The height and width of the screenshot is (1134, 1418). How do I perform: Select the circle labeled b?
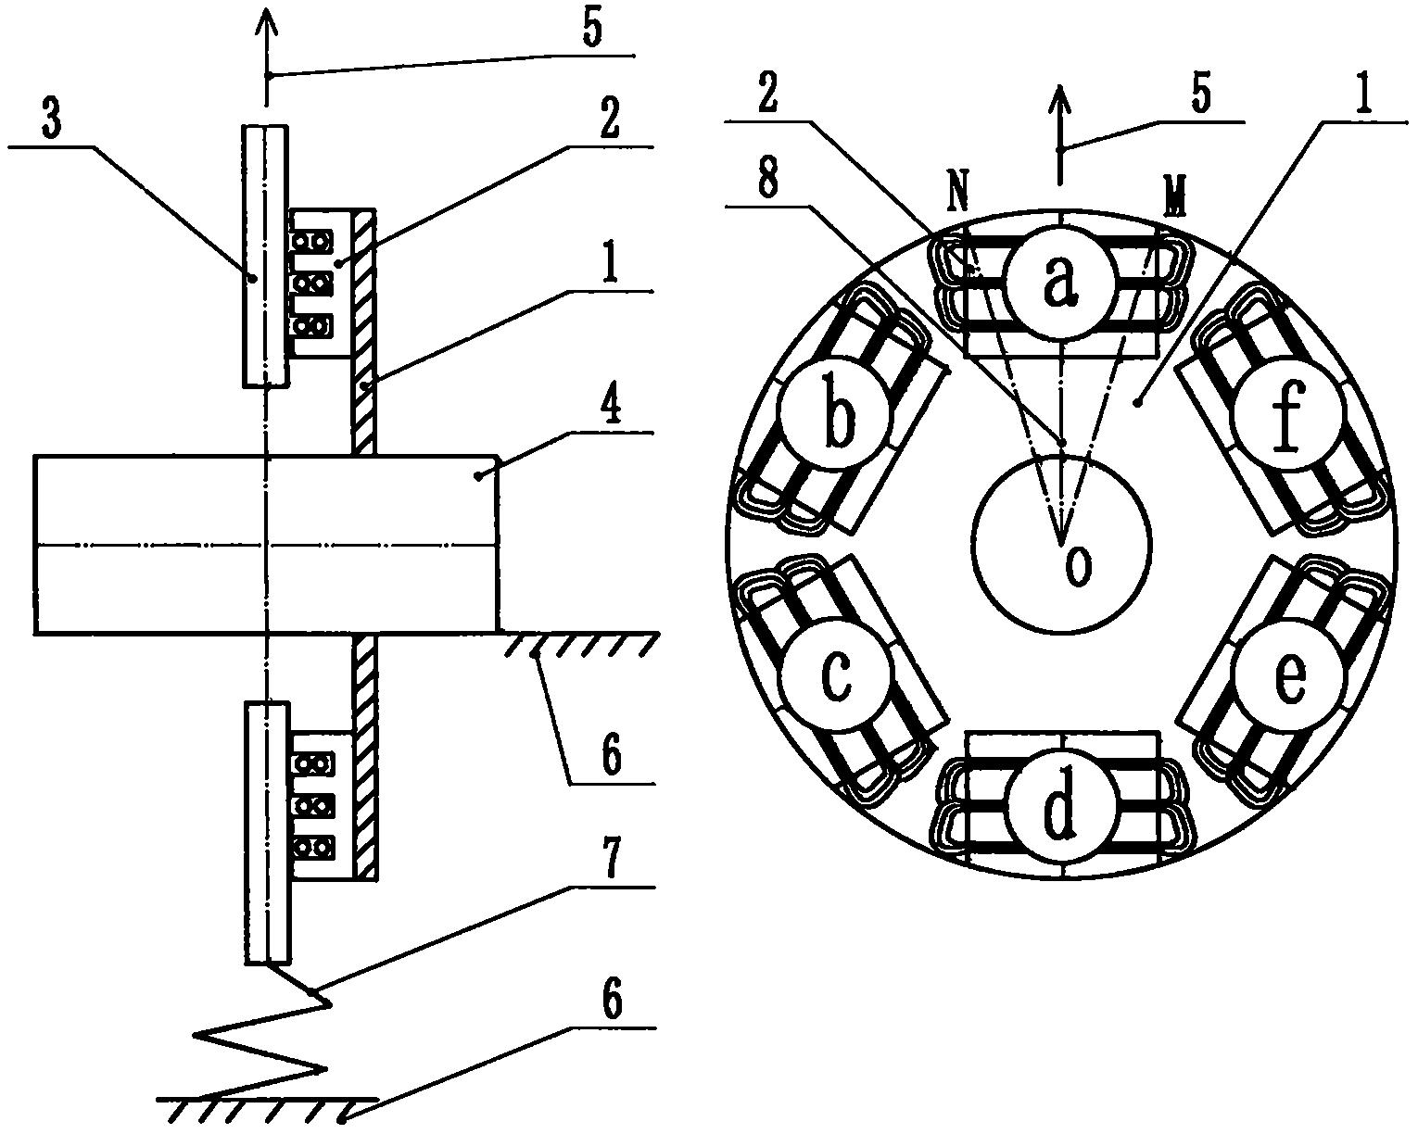[x=836, y=414]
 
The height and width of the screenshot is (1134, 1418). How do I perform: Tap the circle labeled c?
[x=836, y=675]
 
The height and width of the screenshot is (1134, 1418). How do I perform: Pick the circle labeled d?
[x=1062, y=806]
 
